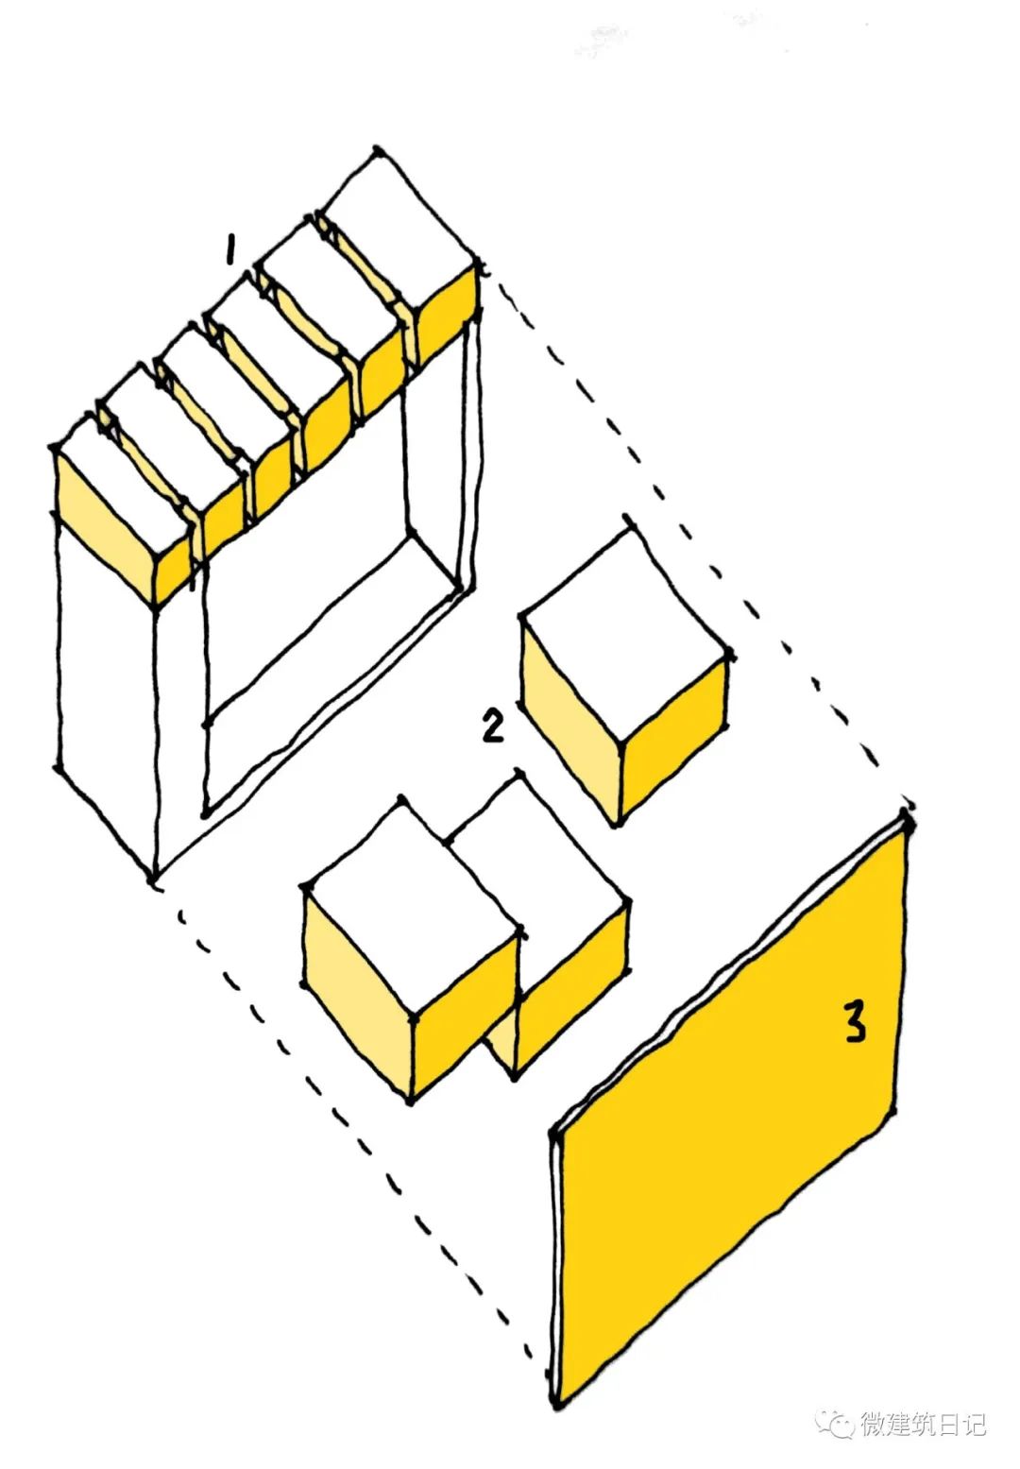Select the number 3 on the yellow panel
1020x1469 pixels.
[x=854, y=1021]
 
